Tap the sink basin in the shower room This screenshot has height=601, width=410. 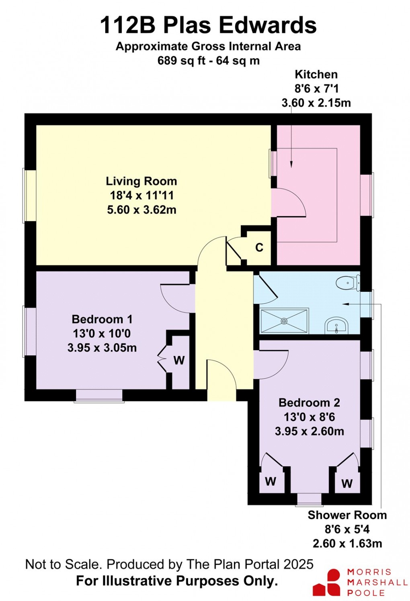[336, 324]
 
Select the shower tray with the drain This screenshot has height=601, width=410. [284, 321]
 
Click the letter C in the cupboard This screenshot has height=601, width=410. [259, 247]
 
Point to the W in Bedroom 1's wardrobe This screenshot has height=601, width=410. [179, 360]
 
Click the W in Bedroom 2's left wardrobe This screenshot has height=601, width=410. [271, 481]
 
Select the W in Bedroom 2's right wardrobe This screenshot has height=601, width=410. [347, 483]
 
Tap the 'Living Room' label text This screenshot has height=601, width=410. [141, 181]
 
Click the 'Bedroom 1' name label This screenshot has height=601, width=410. [102, 319]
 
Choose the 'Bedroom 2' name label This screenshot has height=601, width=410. [309, 403]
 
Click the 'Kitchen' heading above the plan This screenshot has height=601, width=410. [316, 74]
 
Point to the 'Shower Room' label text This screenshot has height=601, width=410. [347, 515]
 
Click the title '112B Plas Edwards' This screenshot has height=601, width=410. [208, 25]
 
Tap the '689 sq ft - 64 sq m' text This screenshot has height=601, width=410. [208, 61]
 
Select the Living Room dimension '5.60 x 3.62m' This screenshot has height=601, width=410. [141, 210]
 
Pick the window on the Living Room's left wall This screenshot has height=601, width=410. [30, 196]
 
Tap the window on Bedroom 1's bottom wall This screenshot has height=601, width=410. [99, 395]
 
